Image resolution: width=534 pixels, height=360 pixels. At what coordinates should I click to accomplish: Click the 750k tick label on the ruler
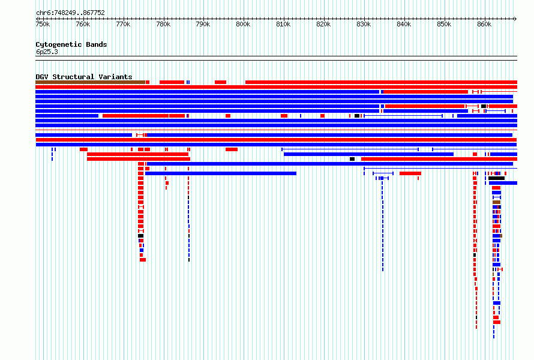(43, 25)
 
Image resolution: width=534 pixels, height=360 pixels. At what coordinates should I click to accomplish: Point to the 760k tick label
(83, 25)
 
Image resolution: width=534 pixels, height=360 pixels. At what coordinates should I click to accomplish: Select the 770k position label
(123, 25)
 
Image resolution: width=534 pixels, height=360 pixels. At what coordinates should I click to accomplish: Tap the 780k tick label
(163, 25)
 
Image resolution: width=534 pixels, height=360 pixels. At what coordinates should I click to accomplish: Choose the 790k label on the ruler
(203, 25)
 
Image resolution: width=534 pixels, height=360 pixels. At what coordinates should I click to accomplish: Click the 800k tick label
(243, 25)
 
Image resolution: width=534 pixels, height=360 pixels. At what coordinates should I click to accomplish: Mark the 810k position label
(283, 25)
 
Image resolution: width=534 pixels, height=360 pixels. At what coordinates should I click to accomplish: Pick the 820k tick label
(323, 25)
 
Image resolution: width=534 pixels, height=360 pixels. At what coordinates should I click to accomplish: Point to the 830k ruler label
(364, 25)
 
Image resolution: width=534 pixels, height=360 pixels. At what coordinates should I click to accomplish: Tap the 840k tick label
(404, 25)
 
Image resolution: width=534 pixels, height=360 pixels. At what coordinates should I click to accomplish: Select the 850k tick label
(444, 25)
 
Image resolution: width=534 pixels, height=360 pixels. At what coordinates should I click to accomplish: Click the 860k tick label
(484, 25)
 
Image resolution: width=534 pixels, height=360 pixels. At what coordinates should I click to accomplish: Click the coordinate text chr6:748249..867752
(70, 13)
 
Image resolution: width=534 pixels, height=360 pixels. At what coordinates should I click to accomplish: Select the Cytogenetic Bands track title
(71, 44)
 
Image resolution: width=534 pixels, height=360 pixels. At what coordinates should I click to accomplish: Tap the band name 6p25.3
(47, 52)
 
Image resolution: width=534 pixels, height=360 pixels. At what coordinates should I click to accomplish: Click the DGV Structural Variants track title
(84, 77)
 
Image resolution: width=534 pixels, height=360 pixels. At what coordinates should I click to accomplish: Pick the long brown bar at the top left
(90, 82)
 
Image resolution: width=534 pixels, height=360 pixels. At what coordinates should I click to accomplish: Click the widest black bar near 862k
(496, 178)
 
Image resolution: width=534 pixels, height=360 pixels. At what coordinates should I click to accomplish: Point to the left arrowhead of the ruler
(37, 19)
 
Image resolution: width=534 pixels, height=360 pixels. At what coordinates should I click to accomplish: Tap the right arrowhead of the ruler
(515, 19)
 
